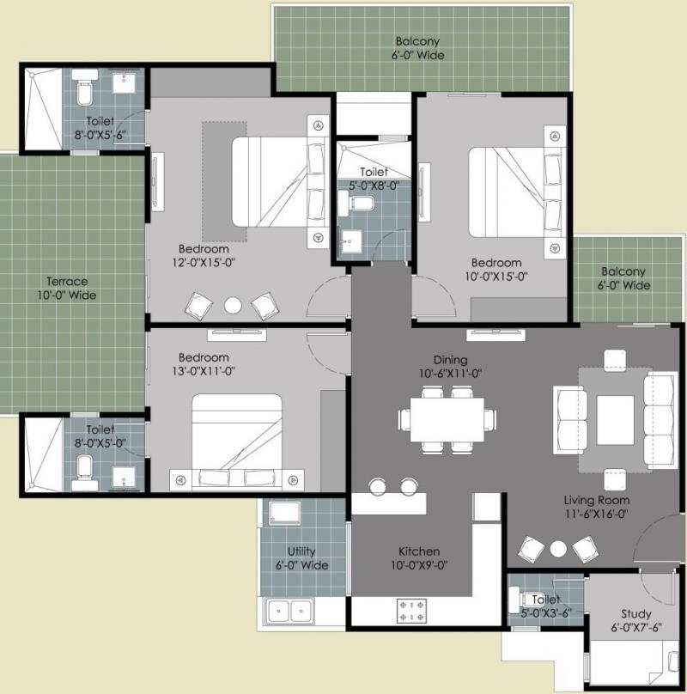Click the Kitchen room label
[x=419, y=551]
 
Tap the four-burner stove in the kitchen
[x=411, y=611]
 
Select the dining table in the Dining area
[x=447, y=420]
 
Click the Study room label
[x=636, y=614]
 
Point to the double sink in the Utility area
[x=289, y=611]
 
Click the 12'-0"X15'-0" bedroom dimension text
[x=204, y=263]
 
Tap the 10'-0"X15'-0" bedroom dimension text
[x=496, y=277]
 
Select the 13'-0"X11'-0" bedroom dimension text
[x=204, y=371]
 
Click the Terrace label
[x=67, y=281]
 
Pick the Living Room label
[x=597, y=500]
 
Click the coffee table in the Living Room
[x=615, y=420]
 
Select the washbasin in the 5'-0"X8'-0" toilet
[x=350, y=241]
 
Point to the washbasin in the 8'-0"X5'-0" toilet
[x=124, y=478]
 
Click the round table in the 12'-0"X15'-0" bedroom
[x=233, y=306]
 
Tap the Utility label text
[x=301, y=551]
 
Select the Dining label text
[x=450, y=360]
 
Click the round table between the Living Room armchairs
[x=558, y=549]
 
